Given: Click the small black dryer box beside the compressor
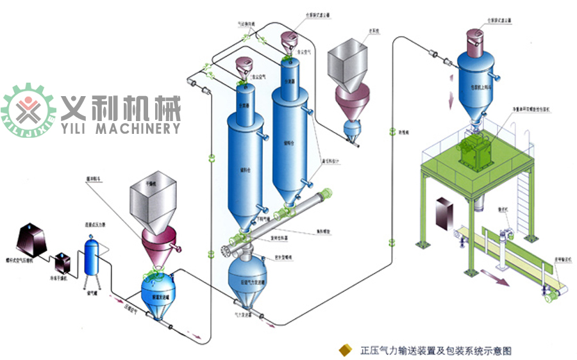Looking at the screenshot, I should (63, 259).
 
